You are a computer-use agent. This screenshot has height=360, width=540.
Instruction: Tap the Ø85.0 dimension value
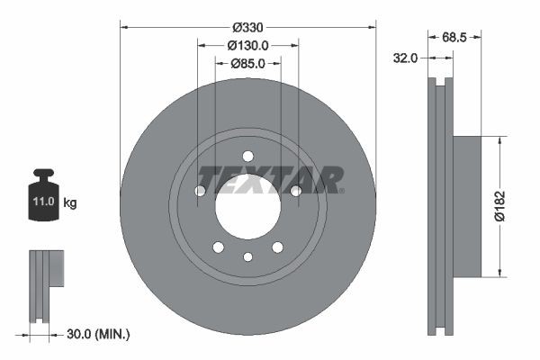coord(247,63)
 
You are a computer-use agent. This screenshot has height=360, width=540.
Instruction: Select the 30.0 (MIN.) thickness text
coord(99,334)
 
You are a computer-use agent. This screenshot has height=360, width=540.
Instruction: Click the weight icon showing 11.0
coord(42,196)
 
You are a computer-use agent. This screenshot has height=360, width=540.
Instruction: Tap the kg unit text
coord(70,203)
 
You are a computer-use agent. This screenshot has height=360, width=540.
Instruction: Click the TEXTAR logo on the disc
coord(270,179)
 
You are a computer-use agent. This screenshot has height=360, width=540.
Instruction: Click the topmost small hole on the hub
coord(247,156)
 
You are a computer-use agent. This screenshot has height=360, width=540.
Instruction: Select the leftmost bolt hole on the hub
coord(200,190)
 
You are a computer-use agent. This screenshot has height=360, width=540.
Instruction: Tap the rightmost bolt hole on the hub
coord(295,190)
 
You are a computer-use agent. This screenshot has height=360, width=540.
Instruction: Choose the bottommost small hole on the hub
coord(247,257)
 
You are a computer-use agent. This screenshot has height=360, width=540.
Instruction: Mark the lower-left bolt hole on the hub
coord(218,247)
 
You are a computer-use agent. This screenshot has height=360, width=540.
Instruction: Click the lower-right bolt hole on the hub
coord(277,247)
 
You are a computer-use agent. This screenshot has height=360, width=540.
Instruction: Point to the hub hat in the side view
coord(466,206)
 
